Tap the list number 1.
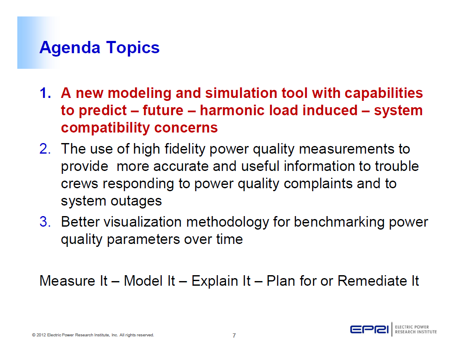click(x=45, y=93)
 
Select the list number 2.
click(x=45, y=149)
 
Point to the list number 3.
click(x=45, y=222)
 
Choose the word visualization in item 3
click(x=142, y=222)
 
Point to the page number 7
click(x=234, y=336)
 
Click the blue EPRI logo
click(x=369, y=330)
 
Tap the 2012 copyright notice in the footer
click(x=93, y=335)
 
